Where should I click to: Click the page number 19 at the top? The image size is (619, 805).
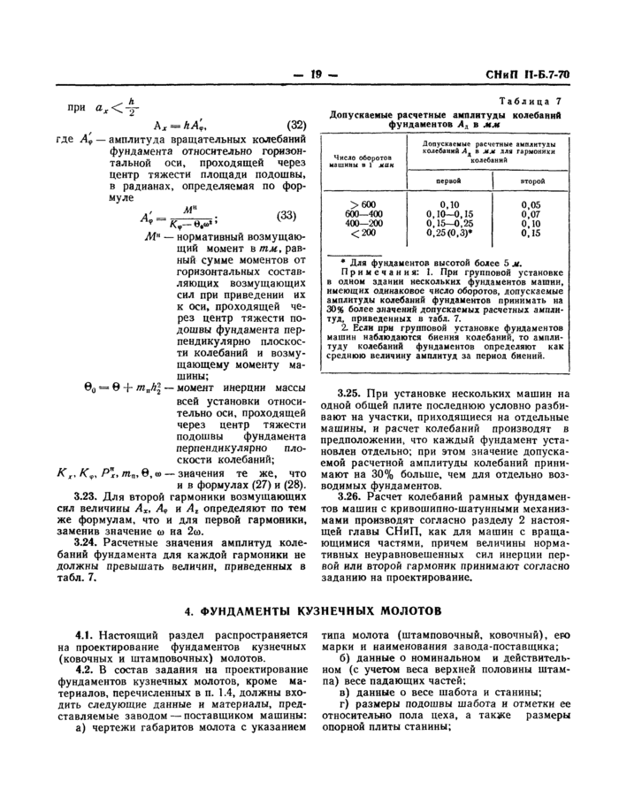pos(314,76)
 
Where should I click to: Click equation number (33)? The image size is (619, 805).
pos(287,216)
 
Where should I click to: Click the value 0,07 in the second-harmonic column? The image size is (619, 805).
pos(531,214)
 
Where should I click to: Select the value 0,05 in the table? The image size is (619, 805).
pos(531,204)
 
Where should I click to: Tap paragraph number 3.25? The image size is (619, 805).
pos(351,392)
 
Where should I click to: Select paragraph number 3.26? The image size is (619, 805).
pos(351,496)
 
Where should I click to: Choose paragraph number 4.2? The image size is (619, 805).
pos(87,671)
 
